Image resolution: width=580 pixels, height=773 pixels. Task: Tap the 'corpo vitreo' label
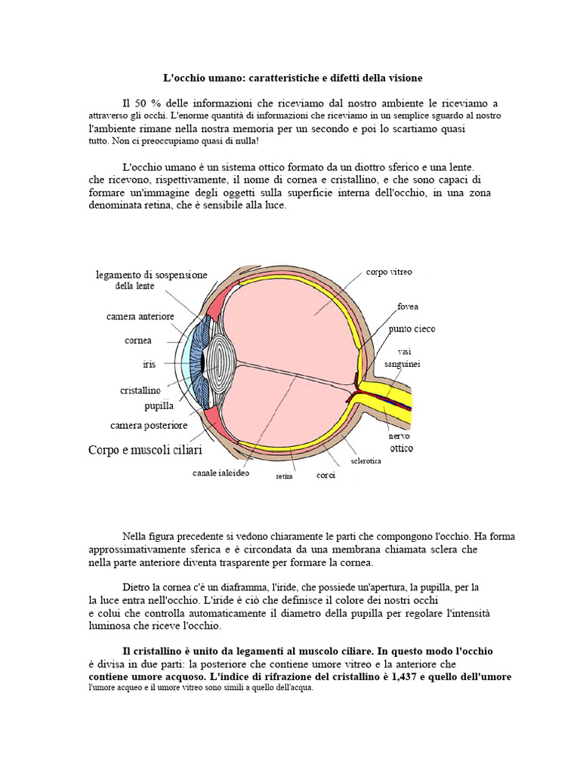[389, 272]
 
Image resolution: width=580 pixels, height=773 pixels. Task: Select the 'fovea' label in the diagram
[408, 307]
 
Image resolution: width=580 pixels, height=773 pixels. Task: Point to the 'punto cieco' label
[412, 329]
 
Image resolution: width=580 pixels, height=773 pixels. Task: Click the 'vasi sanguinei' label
[403, 358]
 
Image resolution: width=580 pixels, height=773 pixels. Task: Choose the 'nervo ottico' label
[401, 442]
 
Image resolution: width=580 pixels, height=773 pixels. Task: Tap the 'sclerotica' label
[366, 460]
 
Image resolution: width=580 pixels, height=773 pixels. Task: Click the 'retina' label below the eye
[284, 477]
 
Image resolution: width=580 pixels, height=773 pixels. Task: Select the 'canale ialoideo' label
[221, 474]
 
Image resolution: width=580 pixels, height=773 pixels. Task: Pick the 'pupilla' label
[159, 406]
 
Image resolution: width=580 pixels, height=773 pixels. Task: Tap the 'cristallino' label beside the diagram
[140, 391]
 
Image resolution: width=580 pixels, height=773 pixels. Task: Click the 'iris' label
[150, 365]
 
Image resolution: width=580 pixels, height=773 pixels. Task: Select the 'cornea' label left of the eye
[138, 340]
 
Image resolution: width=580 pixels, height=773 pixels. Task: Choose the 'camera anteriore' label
[140, 316]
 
